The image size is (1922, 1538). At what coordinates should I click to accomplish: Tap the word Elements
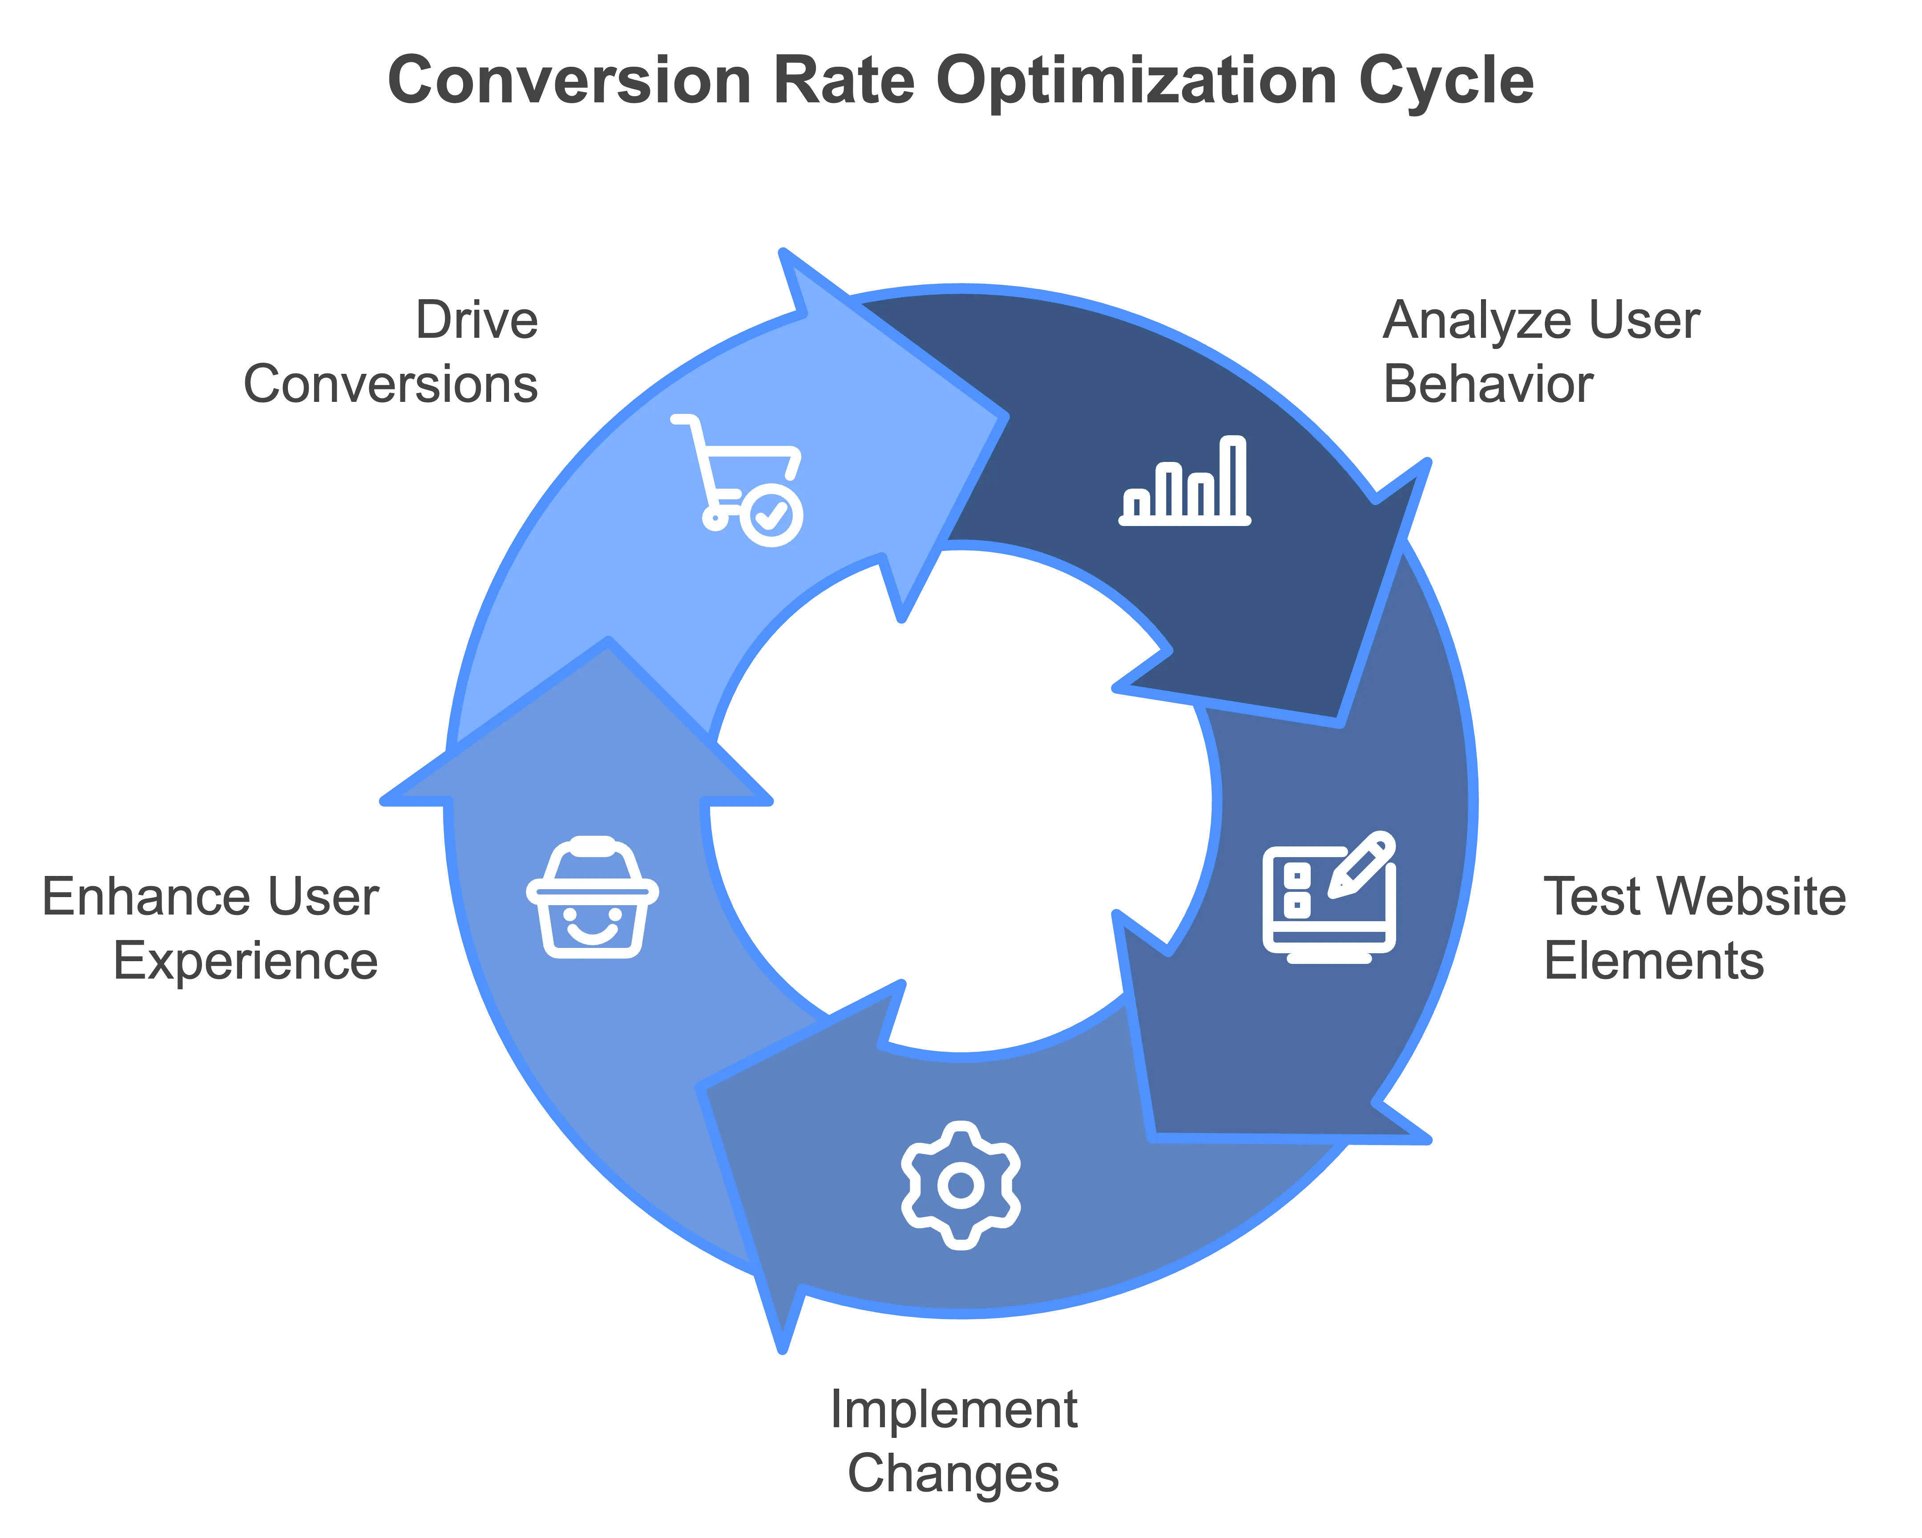click(1654, 961)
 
